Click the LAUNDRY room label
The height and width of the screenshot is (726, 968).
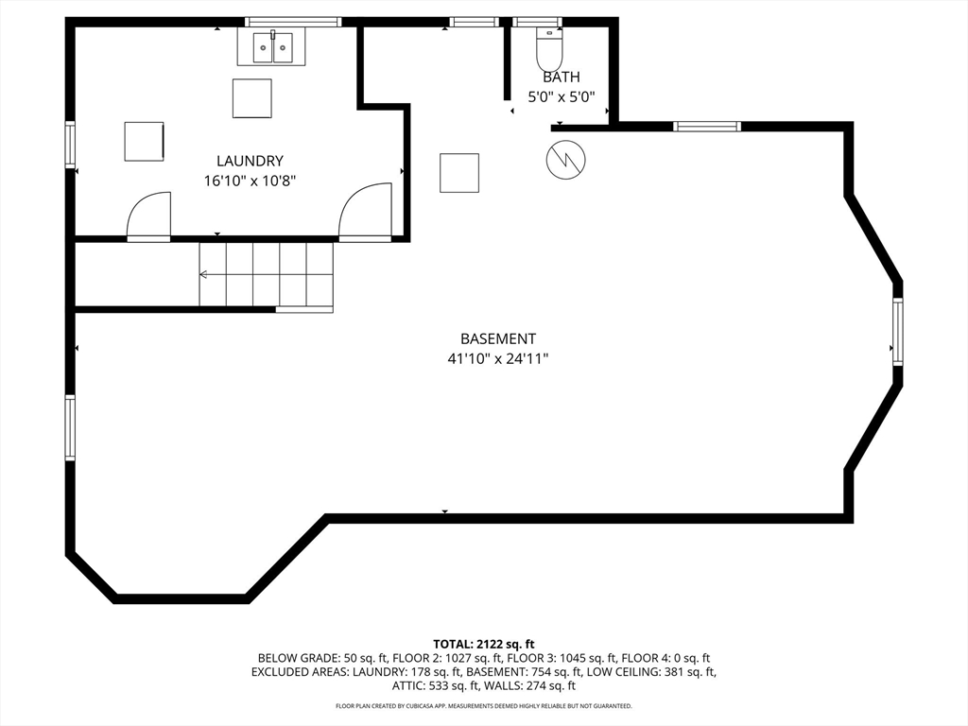(x=250, y=161)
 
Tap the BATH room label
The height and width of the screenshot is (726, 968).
(x=562, y=78)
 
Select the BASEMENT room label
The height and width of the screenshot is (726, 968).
(x=498, y=339)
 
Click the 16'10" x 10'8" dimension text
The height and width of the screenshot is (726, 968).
(x=250, y=181)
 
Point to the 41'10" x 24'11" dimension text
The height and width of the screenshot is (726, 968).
(x=498, y=358)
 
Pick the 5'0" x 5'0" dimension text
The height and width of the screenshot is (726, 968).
(x=562, y=97)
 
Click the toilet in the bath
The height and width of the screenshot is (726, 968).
(x=549, y=50)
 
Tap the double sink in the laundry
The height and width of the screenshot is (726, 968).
(x=272, y=47)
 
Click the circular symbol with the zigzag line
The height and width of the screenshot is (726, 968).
(x=566, y=161)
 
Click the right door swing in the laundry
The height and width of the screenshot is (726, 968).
(x=365, y=210)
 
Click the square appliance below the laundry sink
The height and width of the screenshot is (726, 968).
(x=251, y=98)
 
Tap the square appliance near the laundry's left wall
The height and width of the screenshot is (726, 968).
(x=144, y=142)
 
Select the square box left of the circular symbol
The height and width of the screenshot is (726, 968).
(x=459, y=173)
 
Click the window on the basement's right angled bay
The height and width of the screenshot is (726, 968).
(x=897, y=332)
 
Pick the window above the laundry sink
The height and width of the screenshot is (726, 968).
(x=293, y=23)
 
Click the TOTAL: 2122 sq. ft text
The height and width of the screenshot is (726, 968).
(x=483, y=645)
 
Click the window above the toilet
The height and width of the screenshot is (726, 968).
(x=537, y=23)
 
